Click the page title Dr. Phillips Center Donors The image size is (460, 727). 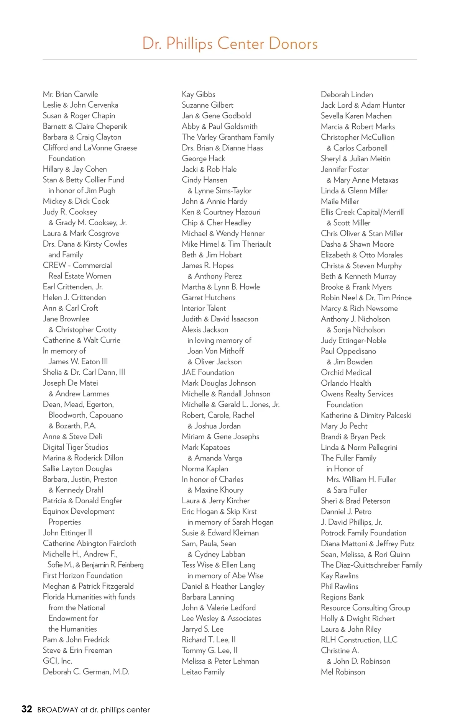230,44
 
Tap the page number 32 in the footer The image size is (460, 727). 27,709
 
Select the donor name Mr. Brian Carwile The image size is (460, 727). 71,94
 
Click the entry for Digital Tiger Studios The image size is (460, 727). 76,447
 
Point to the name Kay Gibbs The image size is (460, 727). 199,94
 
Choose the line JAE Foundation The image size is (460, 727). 208,372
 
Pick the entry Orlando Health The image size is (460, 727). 346,383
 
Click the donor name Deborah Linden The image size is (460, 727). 347,94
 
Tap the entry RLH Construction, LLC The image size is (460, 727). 359,640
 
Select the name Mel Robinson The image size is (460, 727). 343,672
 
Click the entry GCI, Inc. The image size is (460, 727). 58,661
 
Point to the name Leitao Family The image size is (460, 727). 203,672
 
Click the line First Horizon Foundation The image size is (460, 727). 83,575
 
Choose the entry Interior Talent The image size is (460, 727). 204,308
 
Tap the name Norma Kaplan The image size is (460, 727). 205,468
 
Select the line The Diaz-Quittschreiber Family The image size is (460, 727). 371,565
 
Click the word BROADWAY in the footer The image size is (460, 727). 58,710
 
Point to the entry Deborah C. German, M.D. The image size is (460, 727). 86,671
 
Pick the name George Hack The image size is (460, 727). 203,159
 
